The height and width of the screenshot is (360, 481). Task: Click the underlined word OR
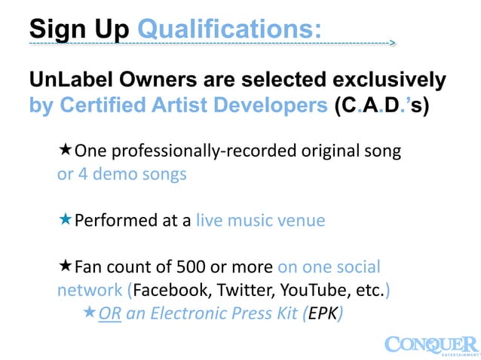tap(110, 313)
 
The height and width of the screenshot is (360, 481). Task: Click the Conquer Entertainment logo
tap(431, 344)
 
